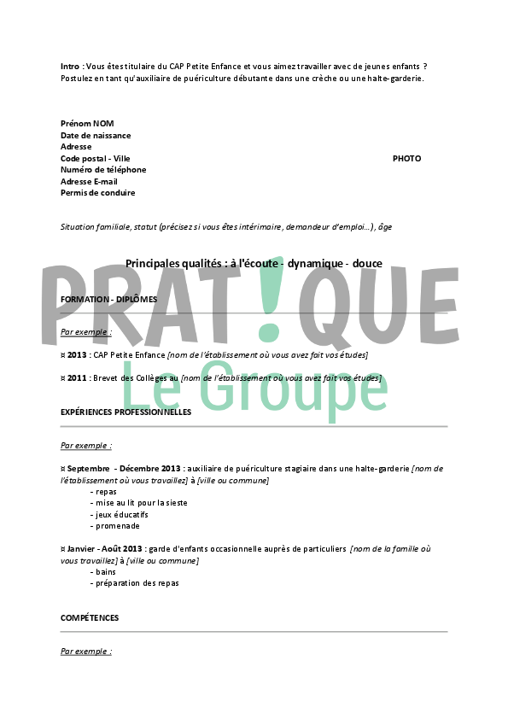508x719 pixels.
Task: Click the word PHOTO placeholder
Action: [x=406, y=158]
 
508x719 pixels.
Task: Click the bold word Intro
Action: [x=71, y=67]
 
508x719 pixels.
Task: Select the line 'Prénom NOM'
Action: [x=87, y=124]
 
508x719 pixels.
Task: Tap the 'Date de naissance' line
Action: [x=96, y=135]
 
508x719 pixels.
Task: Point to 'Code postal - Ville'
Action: [x=96, y=158]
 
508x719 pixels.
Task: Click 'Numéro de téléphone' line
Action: [x=103, y=169]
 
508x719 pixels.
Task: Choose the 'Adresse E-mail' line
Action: [x=89, y=181]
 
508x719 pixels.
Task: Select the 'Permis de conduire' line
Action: [x=97, y=193]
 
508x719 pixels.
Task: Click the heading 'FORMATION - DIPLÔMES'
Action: [x=108, y=300]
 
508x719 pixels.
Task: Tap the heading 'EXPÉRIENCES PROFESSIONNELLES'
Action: [x=126, y=412]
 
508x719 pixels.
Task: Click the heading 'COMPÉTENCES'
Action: [x=90, y=617]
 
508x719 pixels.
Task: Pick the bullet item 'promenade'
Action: [x=114, y=526]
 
